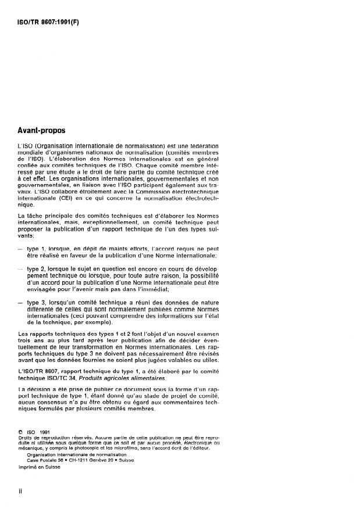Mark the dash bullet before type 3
(21, 303)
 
